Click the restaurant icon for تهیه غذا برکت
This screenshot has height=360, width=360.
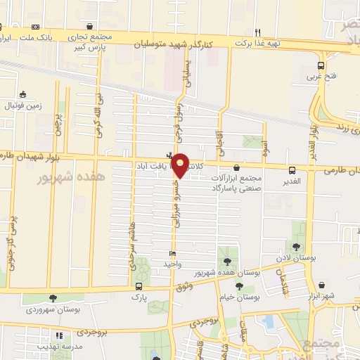point(258,32)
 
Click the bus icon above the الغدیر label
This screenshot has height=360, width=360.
point(292,169)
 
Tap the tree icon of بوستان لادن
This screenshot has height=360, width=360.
point(297,246)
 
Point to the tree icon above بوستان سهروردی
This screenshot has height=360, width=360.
point(53,299)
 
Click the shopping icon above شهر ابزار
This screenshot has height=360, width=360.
point(322,285)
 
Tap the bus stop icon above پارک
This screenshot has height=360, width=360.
point(139,286)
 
